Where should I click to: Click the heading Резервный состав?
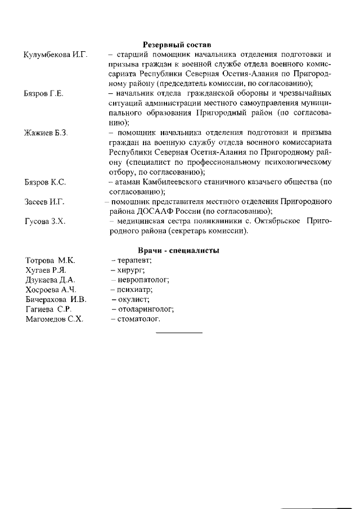pyautogui.click(x=179, y=44)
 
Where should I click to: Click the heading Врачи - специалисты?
pyautogui.click(x=178, y=250)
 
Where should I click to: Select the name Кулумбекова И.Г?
pyautogui.click(x=56, y=55)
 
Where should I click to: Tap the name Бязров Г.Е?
pyautogui.click(x=44, y=93)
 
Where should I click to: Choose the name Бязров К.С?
pyautogui.click(x=46, y=182)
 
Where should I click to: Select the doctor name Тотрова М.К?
pyautogui.click(x=51, y=260)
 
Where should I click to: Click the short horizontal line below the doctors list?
pyautogui.click(x=179, y=333)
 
